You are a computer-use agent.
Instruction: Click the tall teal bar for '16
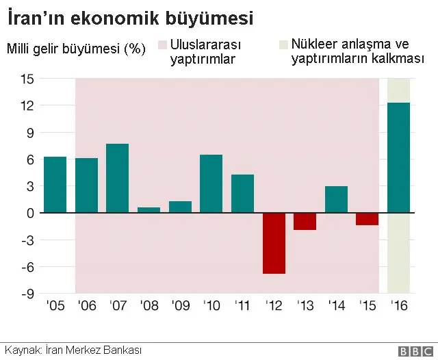pos(398,157)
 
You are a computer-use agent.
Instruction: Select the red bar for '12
pos(274,243)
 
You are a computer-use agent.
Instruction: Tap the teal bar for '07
pos(118,178)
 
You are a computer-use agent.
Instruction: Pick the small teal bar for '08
pos(149,210)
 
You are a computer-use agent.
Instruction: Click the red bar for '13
pos(305,221)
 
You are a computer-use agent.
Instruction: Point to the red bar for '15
pos(368,219)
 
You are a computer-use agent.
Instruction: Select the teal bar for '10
pos(211,183)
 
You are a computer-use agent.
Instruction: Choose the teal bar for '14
pos(336,199)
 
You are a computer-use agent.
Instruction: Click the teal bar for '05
pos(55,185)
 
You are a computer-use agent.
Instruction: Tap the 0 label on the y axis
pos(30,213)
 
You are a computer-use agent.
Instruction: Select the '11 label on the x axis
pos(242,305)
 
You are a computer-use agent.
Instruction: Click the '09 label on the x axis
pos(180,305)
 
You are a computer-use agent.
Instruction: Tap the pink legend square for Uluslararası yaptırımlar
pos(163,45)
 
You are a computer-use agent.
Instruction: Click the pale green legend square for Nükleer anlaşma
pos(283,45)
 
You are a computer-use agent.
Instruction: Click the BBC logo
pos(410,350)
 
